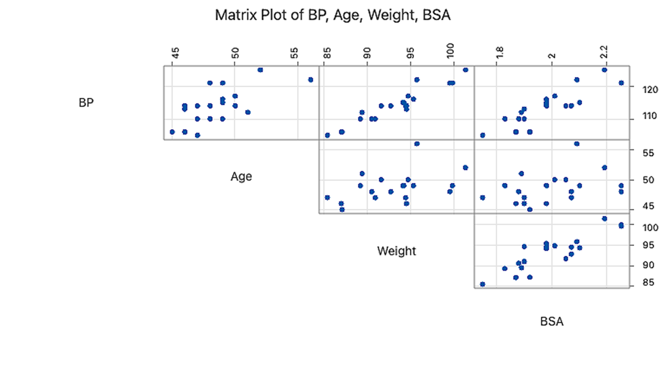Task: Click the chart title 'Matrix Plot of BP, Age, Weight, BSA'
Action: point(332,16)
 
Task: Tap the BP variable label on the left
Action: point(86,103)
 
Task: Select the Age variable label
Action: point(241,177)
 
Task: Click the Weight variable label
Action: point(396,251)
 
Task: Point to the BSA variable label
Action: point(552,322)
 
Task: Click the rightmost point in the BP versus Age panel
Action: point(310,80)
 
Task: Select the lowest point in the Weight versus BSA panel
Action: point(482,284)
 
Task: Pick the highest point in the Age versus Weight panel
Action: point(417,144)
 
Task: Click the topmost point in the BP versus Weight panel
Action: point(465,70)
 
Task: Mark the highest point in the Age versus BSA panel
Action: point(576,144)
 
